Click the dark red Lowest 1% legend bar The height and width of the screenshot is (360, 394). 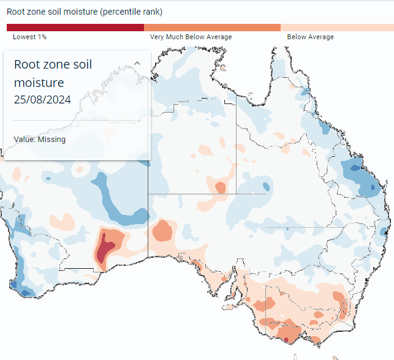(75, 28)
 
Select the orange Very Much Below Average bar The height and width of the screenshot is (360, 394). (213, 28)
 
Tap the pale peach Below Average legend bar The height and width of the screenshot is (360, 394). (337, 28)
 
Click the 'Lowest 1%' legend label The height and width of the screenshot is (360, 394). (29, 37)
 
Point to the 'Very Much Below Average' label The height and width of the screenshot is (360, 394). (191, 37)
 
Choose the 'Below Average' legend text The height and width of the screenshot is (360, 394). (310, 37)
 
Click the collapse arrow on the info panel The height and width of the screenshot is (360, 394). (137, 63)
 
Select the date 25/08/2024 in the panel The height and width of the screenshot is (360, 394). (42, 100)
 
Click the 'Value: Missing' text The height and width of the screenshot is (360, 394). (40, 140)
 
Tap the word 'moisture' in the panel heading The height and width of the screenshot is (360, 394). (39, 83)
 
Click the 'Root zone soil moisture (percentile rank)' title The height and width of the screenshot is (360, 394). (85, 12)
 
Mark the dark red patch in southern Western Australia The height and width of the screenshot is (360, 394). (105, 248)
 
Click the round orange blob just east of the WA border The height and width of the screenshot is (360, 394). (162, 230)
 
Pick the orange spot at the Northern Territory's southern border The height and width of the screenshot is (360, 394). (221, 187)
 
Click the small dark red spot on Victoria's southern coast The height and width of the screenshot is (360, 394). (286, 340)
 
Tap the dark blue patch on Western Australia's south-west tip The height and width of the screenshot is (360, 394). (26, 293)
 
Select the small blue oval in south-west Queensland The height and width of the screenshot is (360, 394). (266, 187)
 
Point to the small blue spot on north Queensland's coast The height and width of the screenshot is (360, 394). (305, 92)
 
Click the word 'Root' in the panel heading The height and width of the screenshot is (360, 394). (26, 64)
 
